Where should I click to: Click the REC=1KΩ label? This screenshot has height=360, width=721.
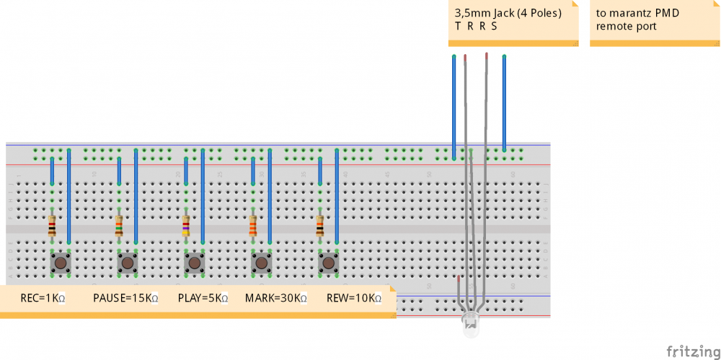pyautogui.click(x=43, y=298)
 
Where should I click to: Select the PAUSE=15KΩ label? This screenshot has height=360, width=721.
pyautogui.click(x=125, y=298)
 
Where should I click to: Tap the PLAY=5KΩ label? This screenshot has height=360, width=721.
pyautogui.click(x=203, y=298)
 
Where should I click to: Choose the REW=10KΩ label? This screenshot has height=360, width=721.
pyautogui.click(x=354, y=298)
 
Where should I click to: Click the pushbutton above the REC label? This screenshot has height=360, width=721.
pyautogui.click(x=61, y=263)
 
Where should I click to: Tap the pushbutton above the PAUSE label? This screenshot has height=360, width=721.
pyautogui.click(x=128, y=263)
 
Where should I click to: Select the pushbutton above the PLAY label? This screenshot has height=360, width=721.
pyautogui.click(x=195, y=263)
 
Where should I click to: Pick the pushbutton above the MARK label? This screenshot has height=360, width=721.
pyautogui.click(x=261, y=263)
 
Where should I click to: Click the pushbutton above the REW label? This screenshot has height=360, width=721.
pyautogui.click(x=329, y=263)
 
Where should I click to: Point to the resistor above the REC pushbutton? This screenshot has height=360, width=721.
pyautogui.click(x=52, y=227)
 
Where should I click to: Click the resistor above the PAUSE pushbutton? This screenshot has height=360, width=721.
pyautogui.click(x=119, y=227)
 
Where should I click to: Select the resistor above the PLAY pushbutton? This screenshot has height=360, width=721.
pyautogui.click(x=186, y=227)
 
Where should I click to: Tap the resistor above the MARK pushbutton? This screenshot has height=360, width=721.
pyautogui.click(x=253, y=227)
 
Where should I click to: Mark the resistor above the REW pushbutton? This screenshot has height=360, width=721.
pyautogui.click(x=320, y=227)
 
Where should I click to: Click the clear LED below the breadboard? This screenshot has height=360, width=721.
pyautogui.click(x=471, y=328)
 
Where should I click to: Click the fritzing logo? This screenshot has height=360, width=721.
pyautogui.click(x=692, y=351)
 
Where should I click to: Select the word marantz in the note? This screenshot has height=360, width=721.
pyautogui.click(x=630, y=13)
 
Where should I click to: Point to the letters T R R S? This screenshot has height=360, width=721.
pyautogui.click(x=476, y=26)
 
